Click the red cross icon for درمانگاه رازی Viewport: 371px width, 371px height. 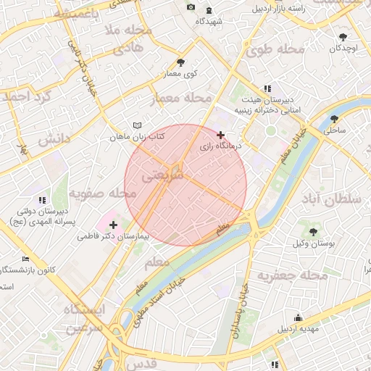pyautogui.click(x=221, y=135)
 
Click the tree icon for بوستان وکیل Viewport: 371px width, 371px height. pyautogui.click(x=313, y=233)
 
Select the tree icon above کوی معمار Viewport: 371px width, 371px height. pyautogui.click(x=180, y=62)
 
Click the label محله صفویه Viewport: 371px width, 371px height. pyautogui.click(x=102, y=193)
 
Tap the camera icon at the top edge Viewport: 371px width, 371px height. pyautogui.click(x=191, y=7)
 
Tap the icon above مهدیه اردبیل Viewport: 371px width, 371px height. pyautogui.click(x=298, y=317)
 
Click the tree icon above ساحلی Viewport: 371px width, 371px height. pyautogui.click(x=334, y=119)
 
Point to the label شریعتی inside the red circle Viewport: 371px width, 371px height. pyautogui.click(x=159, y=175)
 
